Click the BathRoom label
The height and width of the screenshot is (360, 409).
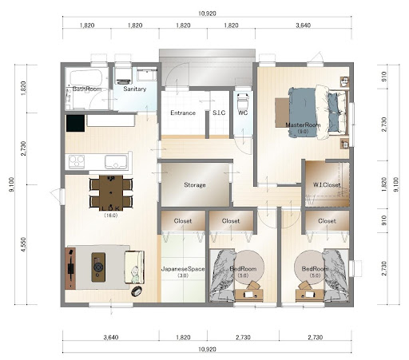click(87, 89)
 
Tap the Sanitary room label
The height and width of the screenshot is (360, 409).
click(135, 89)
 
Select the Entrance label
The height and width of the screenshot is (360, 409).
click(183, 113)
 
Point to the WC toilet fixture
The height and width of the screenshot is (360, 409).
click(243, 100)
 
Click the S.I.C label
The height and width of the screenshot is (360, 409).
click(219, 113)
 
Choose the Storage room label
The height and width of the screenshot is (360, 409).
click(195, 184)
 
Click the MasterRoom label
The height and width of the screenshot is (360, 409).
click(303, 125)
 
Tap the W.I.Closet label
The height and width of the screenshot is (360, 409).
click(327, 184)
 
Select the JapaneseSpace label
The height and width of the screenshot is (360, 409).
click(183, 269)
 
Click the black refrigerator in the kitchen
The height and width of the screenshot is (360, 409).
click(75, 123)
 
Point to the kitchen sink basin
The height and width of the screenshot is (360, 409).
click(116, 162)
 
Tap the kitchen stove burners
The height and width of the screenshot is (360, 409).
click(77, 161)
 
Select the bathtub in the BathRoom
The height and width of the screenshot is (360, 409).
click(86, 77)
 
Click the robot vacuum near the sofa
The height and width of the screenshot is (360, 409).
click(137, 291)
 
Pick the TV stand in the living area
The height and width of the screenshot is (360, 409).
click(70, 268)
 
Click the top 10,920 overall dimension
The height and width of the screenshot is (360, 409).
click(207, 14)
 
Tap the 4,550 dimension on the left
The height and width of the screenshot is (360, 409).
click(23, 244)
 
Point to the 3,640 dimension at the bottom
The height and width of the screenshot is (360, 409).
click(111, 338)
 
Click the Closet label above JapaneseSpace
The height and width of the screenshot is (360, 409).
click(183, 221)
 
